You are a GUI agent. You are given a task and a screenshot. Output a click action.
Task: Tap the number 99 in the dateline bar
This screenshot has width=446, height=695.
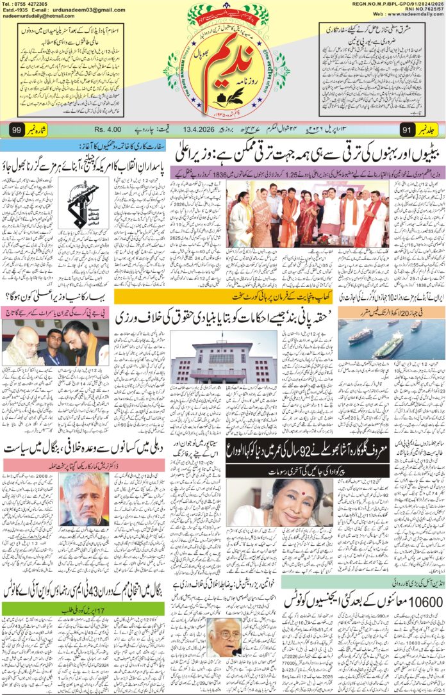click(x=17, y=130)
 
